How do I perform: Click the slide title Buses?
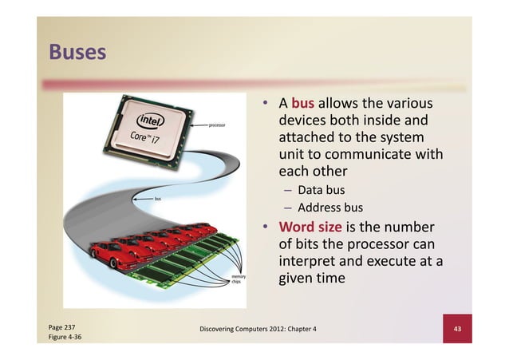coord(77,53)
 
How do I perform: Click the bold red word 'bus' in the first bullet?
coord(303,104)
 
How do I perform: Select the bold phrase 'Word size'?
coord(310,227)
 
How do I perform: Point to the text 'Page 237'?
coord(62,327)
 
